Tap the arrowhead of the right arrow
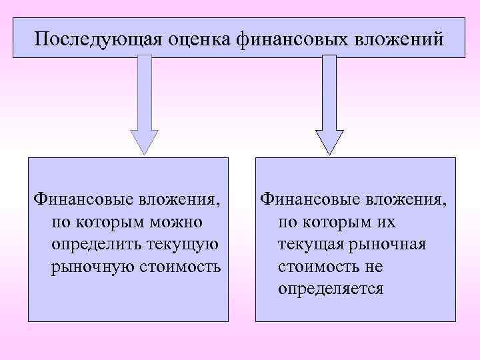coord(329,141)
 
